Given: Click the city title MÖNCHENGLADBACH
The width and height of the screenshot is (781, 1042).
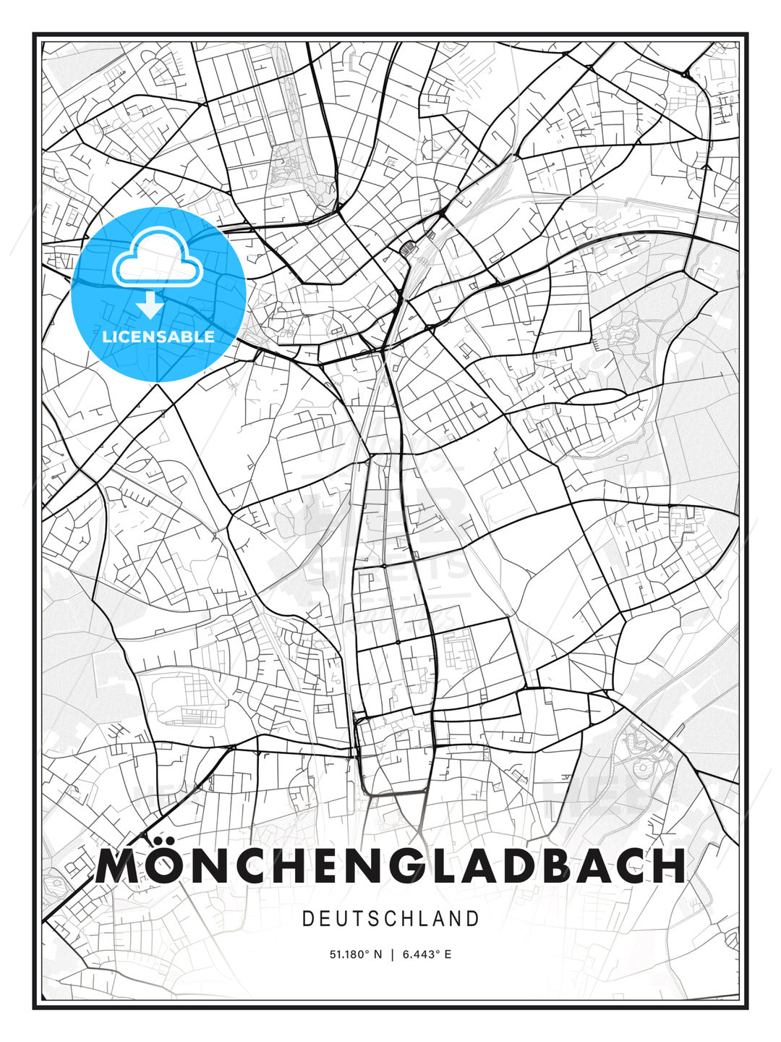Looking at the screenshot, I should click(x=390, y=865).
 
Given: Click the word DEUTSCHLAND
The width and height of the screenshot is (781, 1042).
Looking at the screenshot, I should click(x=390, y=919).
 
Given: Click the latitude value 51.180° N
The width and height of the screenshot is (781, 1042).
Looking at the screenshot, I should click(x=355, y=954).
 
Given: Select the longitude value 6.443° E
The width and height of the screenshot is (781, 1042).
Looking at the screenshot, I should click(x=427, y=954).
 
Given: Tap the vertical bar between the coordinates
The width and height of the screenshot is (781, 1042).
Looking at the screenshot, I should click(x=392, y=954).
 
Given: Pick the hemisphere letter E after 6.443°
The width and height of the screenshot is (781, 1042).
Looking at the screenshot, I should click(x=448, y=954).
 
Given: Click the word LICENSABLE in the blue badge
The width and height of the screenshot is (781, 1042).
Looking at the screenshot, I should click(x=158, y=336).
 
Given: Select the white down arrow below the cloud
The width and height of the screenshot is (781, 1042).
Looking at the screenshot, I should click(x=150, y=305).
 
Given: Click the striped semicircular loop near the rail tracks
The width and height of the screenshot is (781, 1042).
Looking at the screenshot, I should click(x=407, y=247).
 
